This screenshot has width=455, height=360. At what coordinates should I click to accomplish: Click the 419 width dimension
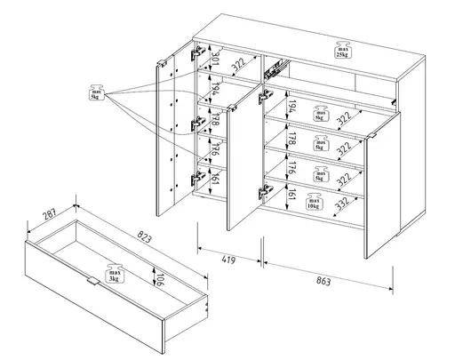coord(229,260)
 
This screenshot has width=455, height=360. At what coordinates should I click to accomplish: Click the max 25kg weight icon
coord(341,51)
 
